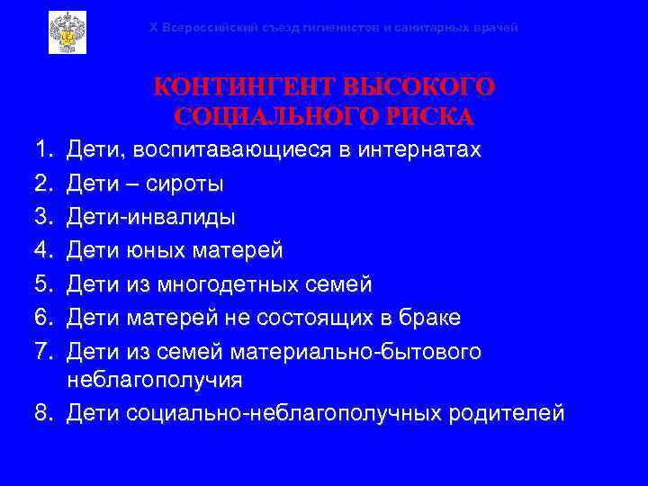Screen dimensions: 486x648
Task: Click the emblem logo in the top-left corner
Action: tap(67, 32)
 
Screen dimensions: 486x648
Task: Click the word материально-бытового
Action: tap(356, 352)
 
